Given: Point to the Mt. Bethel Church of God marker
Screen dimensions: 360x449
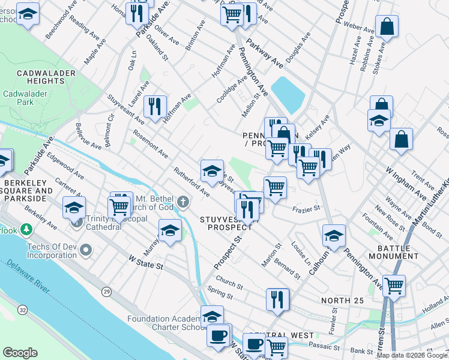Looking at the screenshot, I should click(183, 202).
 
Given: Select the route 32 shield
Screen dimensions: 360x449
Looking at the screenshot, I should click(22, 310).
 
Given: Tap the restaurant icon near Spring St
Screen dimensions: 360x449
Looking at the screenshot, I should click(277, 298).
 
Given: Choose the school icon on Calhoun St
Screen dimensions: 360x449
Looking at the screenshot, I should click(334, 235).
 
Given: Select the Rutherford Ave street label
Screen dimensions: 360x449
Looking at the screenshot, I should click(191, 182).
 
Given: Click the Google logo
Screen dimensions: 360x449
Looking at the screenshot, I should click(20, 353).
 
